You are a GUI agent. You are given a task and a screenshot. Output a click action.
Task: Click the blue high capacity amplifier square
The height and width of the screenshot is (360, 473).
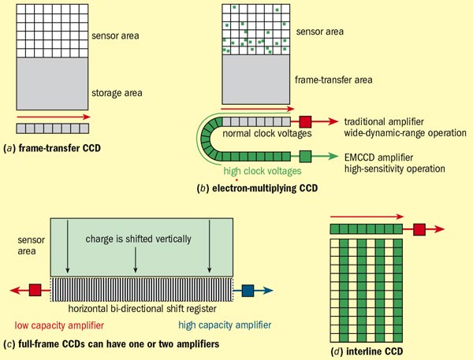tap(248, 289)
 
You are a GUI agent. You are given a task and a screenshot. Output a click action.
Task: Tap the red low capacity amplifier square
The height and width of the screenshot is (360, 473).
tap(34, 289)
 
